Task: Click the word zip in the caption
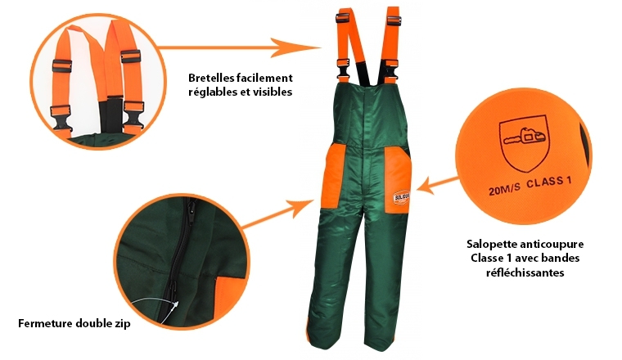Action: tap(122, 324)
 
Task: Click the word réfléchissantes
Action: tap(525, 272)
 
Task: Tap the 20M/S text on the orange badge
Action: tap(504, 190)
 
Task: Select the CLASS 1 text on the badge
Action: tap(548, 182)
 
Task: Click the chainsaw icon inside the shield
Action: tap(525, 137)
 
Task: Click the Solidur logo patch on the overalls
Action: tap(401, 197)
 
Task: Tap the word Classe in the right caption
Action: tap(482, 259)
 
